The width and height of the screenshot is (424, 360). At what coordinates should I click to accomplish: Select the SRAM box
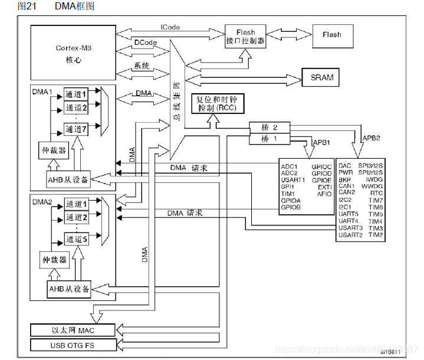321,77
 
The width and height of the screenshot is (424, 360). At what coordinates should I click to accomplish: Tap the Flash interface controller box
245,37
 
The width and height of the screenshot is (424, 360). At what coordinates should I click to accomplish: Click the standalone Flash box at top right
331,35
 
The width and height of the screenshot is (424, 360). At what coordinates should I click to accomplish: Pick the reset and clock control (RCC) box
215,104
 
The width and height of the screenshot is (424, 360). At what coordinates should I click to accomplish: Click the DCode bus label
145,42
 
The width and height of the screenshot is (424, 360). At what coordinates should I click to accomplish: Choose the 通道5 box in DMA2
77,239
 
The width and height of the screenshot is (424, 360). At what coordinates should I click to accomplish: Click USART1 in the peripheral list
293,179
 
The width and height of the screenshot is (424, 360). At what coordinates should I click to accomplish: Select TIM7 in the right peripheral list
376,200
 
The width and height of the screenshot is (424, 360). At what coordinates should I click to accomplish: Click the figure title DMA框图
74,6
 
